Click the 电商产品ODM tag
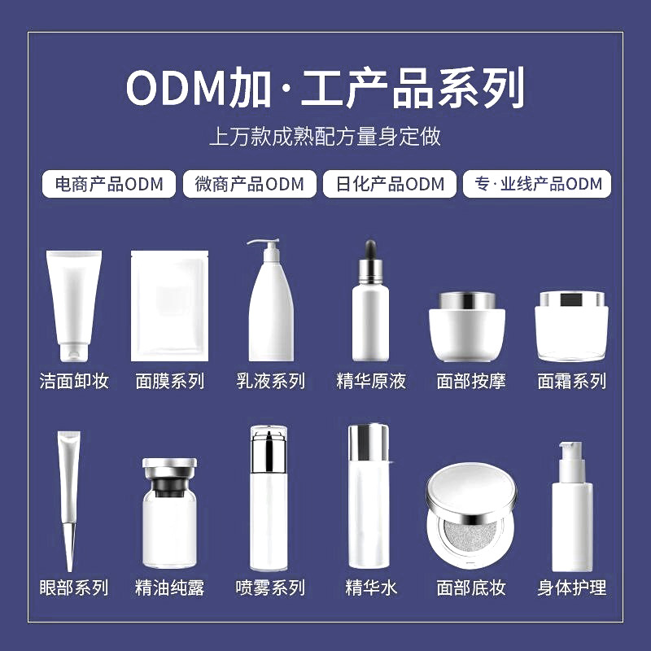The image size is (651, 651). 108,184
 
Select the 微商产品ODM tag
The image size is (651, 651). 249,184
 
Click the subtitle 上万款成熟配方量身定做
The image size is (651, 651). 325,135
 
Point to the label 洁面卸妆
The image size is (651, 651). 74,381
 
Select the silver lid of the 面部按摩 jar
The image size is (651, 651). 466,299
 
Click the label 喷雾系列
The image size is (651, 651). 270,588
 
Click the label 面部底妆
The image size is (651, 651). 471,588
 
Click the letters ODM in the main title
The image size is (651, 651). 175,88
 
